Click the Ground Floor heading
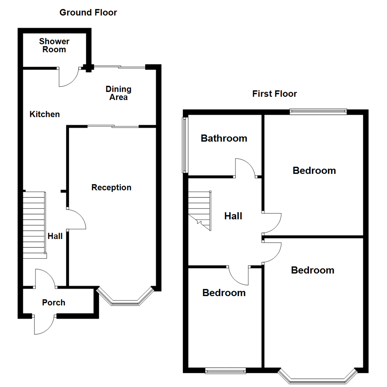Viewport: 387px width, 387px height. [x=88, y=13]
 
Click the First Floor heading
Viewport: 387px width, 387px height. [x=274, y=94]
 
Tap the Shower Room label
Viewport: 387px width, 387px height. [x=54, y=46]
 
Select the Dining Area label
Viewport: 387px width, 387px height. [x=118, y=93]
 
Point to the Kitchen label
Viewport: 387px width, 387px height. [x=44, y=114]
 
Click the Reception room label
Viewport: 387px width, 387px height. [x=111, y=187]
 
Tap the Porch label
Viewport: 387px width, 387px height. [x=54, y=302]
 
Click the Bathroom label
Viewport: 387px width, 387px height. [x=224, y=138]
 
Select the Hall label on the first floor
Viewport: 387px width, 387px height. [x=233, y=216]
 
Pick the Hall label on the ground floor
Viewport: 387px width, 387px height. [x=55, y=236]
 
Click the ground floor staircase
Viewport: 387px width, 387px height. [x=34, y=224]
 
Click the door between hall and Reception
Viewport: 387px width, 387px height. [x=76, y=219]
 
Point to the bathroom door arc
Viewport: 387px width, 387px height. [x=245, y=167]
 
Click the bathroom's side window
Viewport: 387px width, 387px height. [x=185, y=144]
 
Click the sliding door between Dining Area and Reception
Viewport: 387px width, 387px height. [x=113, y=126]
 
